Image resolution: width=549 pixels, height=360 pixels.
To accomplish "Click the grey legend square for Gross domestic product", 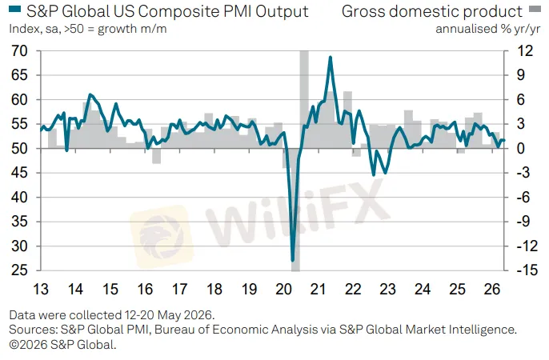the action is click(x=535, y=9).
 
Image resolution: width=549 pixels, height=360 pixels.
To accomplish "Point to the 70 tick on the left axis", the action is click(x=19, y=51).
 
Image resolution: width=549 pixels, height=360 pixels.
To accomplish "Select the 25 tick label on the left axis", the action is click(x=19, y=270).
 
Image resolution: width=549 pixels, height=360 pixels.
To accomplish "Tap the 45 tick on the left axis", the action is click(x=19, y=173).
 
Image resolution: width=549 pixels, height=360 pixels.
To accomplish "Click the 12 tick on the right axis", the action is click(x=525, y=51).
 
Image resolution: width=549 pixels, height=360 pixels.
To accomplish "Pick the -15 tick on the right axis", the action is click(x=527, y=270).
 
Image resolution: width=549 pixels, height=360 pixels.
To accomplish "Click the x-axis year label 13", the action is click(x=41, y=290).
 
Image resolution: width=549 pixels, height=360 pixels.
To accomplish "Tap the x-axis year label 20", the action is click(x=283, y=290).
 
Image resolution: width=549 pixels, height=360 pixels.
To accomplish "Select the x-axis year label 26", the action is click(x=491, y=290).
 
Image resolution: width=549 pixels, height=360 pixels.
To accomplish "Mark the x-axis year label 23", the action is click(x=387, y=290).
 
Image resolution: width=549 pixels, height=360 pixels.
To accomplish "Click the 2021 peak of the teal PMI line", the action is click(x=330, y=57).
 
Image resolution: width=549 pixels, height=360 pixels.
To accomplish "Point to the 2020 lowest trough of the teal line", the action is click(x=293, y=260).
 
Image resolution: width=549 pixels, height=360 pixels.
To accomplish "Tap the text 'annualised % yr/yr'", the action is click(x=487, y=29).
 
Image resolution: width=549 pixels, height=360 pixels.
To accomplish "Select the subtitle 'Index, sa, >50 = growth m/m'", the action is click(x=88, y=29).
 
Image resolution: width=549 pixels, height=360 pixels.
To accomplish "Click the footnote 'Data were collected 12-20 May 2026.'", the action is click(x=112, y=315).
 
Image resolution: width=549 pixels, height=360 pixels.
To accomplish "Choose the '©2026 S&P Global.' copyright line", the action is click(x=62, y=345).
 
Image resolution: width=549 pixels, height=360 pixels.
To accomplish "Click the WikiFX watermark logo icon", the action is click(x=162, y=237).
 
